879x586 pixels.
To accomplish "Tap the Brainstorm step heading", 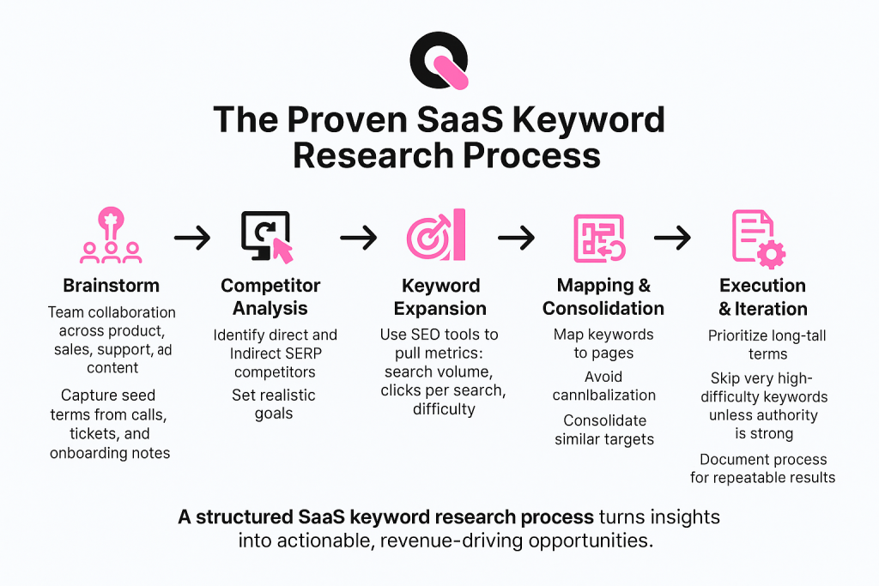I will [x=112, y=286].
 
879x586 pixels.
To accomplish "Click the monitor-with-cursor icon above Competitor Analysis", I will [x=266, y=236].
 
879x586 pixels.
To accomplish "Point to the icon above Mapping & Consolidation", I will [x=598, y=237].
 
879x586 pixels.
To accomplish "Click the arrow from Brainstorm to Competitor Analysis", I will [x=191, y=239].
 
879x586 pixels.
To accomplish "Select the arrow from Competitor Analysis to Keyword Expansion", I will [x=359, y=239].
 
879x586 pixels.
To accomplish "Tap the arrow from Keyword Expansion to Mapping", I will [x=516, y=239].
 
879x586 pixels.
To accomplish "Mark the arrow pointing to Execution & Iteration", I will [x=672, y=239].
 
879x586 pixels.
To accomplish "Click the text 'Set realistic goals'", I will [x=274, y=404].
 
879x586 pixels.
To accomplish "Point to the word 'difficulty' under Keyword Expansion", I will [x=443, y=408].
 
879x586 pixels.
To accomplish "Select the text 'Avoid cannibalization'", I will [x=603, y=385].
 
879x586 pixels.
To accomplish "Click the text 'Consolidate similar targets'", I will [x=605, y=430].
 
